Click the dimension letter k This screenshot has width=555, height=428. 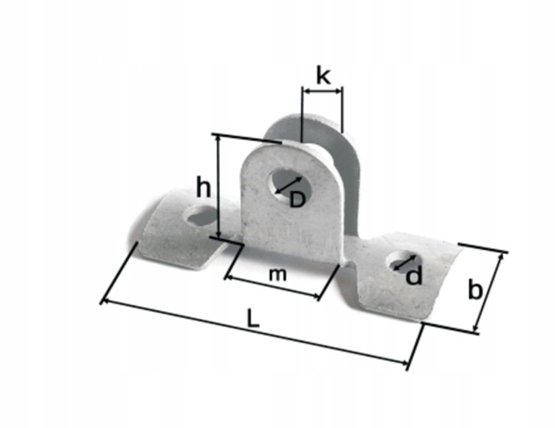tap(323, 76)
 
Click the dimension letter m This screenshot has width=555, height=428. tap(278, 275)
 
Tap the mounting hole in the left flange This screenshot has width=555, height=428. tap(201, 216)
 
